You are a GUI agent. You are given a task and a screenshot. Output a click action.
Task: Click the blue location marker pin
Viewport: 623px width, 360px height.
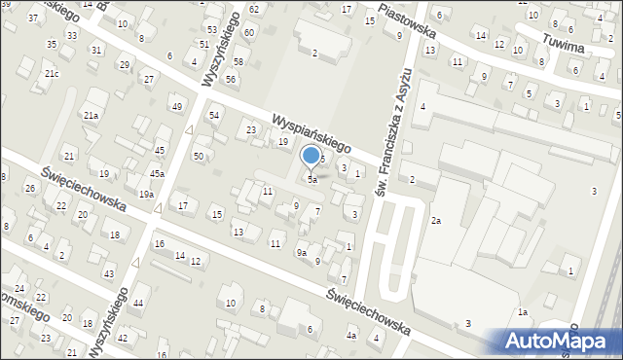pyautogui.click(x=311, y=156)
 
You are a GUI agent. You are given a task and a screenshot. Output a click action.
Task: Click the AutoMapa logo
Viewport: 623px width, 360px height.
pyautogui.click(x=556, y=341)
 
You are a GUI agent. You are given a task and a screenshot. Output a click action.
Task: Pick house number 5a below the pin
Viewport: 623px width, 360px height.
pyautogui.click(x=311, y=180)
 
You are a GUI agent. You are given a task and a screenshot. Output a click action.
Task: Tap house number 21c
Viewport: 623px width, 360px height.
pyautogui.click(x=52, y=74)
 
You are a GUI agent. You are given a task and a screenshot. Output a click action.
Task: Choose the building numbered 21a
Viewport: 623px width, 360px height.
pyautogui.click(x=91, y=115)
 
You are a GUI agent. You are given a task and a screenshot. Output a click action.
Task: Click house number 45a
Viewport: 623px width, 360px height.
pyautogui.click(x=157, y=173)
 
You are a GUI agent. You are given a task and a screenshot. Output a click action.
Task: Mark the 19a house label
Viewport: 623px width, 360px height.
pyautogui.click(x=146, y=195)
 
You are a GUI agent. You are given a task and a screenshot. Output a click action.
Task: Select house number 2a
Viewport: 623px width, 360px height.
pyautogui.click(x=437, y=221)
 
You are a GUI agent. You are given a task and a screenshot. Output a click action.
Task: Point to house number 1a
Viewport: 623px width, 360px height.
pyautogui.click(x=522, y=311)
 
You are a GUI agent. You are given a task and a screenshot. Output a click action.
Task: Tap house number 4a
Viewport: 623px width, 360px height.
pyautogui.click(x=351, y=336)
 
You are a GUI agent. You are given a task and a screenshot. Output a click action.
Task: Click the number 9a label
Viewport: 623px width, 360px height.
pyautogui.click(x=302, y=253)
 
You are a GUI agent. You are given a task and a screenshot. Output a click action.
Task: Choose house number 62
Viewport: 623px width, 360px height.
pyautogui.click(x=253, y=9)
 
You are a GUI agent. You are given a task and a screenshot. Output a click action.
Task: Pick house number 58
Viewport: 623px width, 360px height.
pyautogui.click(x=238, y=61)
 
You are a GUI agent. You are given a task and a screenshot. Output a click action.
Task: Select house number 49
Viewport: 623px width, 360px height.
pyautogui.click(x=176, y=106)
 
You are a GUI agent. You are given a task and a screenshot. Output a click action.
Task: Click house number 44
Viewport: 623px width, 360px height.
pyautogui.click(x=138, y=304)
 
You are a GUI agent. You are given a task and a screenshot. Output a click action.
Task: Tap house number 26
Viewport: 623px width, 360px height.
pyautogui.click(x=30, y=188)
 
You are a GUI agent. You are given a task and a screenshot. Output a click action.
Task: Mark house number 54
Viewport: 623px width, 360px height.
pyautogui.click(x=214, y=115)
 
